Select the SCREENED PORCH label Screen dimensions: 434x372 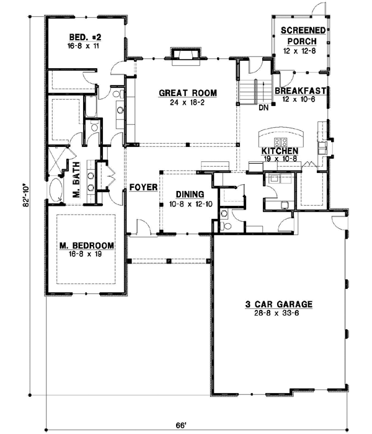[300, 36]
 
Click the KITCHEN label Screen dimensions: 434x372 [280, 151]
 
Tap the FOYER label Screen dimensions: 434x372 [142, 186]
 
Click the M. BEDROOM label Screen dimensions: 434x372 [87, 246]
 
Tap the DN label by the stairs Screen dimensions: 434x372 [263, 107]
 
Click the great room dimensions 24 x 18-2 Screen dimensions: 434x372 [187, 102]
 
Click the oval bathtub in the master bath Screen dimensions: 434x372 [57, 191]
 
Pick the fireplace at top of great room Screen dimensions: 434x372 [184, 56]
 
